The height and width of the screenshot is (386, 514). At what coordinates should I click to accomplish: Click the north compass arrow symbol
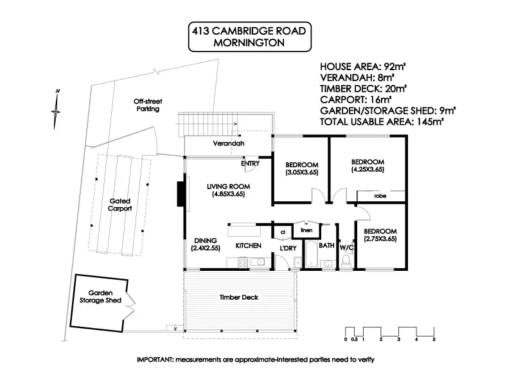56,110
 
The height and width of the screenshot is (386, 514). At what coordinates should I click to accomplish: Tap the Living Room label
229,187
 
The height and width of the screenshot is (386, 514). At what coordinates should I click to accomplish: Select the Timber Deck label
239,297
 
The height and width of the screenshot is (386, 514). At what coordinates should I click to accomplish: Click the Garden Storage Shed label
100,297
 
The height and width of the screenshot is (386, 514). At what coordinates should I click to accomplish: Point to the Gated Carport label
120,205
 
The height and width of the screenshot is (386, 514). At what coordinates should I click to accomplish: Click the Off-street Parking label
148,105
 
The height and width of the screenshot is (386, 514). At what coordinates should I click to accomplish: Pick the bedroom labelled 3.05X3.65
302,169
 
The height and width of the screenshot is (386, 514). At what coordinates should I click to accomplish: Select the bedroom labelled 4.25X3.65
368,166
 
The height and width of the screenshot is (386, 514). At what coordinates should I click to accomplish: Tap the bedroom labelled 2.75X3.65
380,235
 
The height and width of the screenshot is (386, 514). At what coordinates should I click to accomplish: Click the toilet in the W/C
346,261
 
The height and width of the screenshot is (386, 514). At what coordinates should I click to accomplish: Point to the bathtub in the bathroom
311,254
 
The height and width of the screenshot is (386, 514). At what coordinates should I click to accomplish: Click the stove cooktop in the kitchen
243,262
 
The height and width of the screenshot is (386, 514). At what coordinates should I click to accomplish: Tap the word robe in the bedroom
380,196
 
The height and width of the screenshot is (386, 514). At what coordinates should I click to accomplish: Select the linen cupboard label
306,230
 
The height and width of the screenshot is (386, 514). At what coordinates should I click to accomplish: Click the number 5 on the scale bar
434,340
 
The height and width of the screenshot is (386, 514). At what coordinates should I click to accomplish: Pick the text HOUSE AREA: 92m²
363,67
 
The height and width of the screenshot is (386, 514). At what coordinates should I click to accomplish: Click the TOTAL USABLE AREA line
382,122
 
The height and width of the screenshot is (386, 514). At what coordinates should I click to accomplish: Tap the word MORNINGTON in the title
249,42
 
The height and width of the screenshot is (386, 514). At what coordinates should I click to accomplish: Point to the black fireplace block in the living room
181,194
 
